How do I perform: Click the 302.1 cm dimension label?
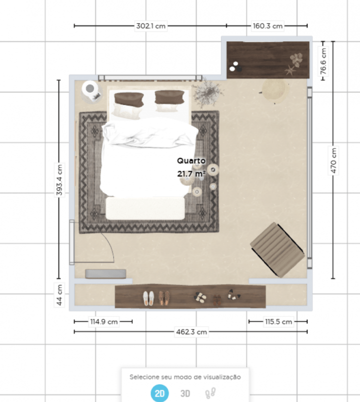tap(151, 25)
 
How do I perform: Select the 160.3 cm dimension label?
tap(267, 25)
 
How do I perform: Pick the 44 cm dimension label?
tap(59, 295)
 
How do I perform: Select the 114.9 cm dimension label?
tap(103, 322)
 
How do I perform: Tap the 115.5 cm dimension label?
tap(277, 322)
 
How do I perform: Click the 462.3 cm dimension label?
tap(190, 331)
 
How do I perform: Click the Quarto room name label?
tap(191, 161)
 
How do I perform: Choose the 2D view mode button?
tap(159, 393)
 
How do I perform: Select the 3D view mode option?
tap(185, 393)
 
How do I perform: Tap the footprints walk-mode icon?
tap(210, 393)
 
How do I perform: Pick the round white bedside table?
tap(90, 90)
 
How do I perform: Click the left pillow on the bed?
tap(128, 100)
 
